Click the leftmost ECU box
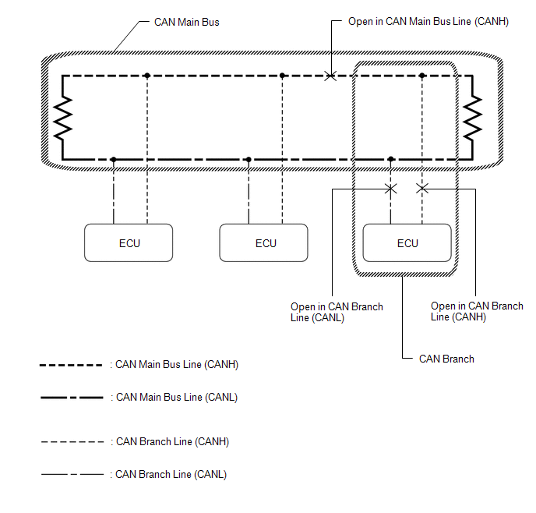click(129, 242)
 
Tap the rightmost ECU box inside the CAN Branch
click(407, 242)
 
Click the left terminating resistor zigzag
click(62, 118)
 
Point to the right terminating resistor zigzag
click(472, 118)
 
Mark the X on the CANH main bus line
click(330, 76)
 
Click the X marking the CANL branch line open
click(391, 189)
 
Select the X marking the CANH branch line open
click(422, 189)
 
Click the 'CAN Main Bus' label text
click(187, 22)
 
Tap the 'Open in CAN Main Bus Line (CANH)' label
click(428, 22)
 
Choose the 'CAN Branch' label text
click(446, 359)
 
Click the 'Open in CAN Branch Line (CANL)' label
click(337, 312)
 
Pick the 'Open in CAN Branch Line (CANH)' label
click(477, 312)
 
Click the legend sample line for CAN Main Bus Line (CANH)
click(72, 365)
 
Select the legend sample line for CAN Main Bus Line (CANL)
click(72, 397)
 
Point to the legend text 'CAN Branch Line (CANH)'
click(172, 441)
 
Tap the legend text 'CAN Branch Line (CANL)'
click(171, 474)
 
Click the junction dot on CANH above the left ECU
click(146, 76)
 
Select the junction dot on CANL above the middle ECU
click(249, 159)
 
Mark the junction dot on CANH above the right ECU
click(422, 76)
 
